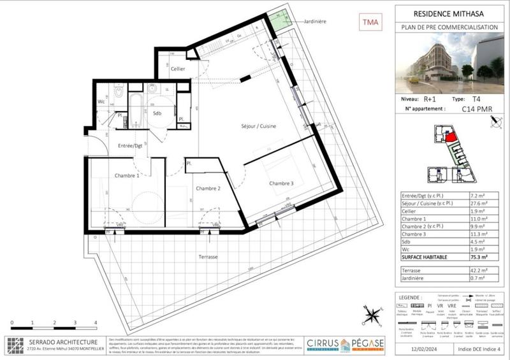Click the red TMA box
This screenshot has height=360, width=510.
point(370,23)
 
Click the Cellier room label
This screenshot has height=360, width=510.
point(178,68)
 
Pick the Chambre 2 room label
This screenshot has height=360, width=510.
point(208,188)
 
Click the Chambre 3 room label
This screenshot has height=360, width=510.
point(281,184)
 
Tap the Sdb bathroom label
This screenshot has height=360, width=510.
point(158,113)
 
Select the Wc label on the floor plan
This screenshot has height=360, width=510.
point(101,101)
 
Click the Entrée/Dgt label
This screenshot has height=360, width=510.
point(130,146)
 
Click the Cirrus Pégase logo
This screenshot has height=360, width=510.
point(345,344)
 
